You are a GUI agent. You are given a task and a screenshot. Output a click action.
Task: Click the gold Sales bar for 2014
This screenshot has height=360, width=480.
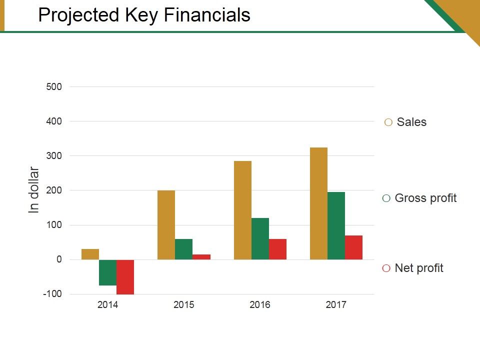click(90, 254)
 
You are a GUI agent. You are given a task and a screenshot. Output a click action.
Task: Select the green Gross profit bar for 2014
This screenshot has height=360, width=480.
click(107, 272)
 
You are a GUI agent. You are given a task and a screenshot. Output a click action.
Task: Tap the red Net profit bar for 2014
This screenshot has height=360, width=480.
click(125, 277)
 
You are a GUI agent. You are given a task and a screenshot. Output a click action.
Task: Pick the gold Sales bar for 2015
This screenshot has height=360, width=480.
click(166, 225)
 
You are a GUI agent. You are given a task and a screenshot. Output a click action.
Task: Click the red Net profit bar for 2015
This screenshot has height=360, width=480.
click(201, 257)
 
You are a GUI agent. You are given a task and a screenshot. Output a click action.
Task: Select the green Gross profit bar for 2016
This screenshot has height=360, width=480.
click(260, 238)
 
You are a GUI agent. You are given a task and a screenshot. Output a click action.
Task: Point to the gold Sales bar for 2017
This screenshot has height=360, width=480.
click(318, 203)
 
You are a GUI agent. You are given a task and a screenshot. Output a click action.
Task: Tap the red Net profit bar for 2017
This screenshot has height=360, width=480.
click(353, 247)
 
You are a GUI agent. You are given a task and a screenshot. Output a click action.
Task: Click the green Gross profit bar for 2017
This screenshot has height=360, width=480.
click(336, 225)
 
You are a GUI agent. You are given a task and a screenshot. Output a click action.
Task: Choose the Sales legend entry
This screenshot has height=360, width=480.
click(411, 122)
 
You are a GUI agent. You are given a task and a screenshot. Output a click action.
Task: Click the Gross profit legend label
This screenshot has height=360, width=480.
click(425, 198)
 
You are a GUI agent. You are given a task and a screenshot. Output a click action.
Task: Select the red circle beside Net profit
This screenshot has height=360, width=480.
click(386, 268)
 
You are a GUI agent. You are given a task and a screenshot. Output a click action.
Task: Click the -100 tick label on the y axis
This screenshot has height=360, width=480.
click(52, 294)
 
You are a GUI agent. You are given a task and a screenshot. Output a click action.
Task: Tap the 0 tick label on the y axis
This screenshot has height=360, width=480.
click(59, 259)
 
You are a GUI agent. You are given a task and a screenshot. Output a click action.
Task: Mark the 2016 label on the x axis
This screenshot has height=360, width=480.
click(260, 305)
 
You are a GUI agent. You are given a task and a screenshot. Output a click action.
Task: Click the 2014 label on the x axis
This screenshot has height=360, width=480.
click(107, 305)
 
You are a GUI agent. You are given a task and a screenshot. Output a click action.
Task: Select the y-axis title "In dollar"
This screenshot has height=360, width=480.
click(34, 190)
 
